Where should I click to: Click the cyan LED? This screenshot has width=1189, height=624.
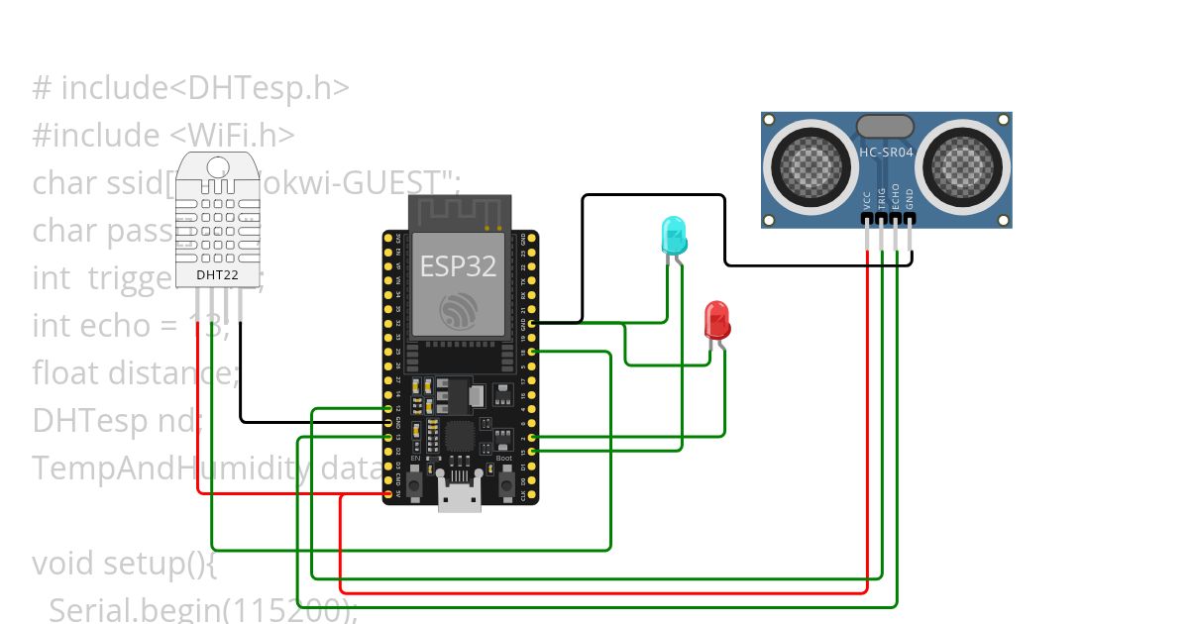tap(674, 235)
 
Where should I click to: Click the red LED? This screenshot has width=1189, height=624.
tap(716, 320)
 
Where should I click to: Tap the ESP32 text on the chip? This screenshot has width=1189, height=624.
tap(458, 265)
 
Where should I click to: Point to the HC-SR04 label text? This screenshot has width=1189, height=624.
tap(886, 153)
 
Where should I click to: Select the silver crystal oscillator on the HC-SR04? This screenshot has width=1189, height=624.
tap(885, 126)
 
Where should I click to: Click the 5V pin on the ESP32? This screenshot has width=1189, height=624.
tap(388, 493)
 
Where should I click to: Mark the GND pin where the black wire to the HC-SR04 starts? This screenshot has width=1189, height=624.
tap(533, 323)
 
